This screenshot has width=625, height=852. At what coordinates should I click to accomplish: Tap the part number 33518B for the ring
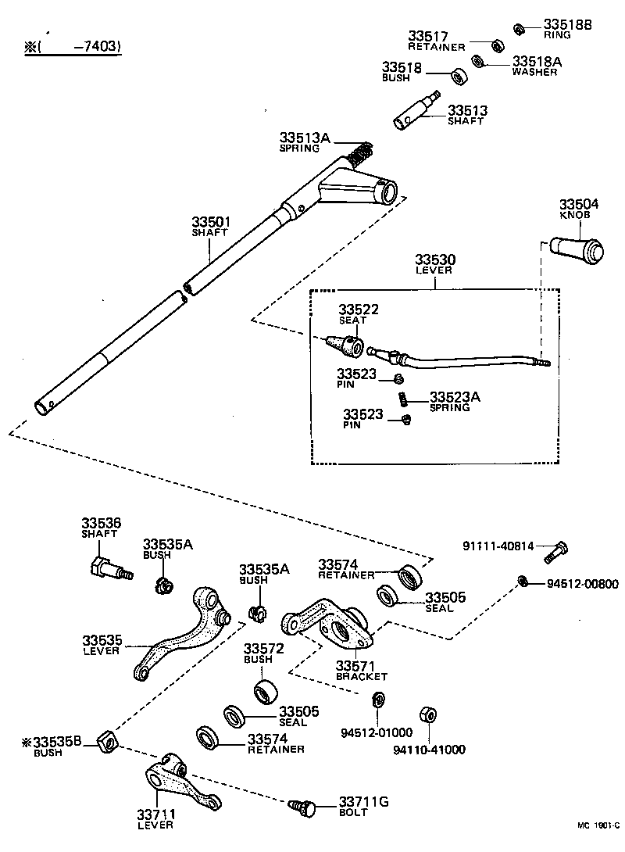pos(568,25)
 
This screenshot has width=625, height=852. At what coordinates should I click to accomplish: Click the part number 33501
pos(211,223)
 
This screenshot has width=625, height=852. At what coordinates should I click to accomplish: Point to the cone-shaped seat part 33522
pos(347,344)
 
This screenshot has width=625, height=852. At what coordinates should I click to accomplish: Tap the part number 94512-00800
pos(582,583)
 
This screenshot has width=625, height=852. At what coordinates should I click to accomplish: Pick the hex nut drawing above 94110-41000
pos(427,715)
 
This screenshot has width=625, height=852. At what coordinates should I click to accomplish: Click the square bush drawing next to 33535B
pos(107,739)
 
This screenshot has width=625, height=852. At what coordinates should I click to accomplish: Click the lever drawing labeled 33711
pos(180,782)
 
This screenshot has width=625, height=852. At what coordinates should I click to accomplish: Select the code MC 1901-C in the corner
pos(598,845)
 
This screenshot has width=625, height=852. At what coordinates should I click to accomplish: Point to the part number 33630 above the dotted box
pos(435,260)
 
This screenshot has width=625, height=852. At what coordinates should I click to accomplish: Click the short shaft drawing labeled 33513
pos(415,113)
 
